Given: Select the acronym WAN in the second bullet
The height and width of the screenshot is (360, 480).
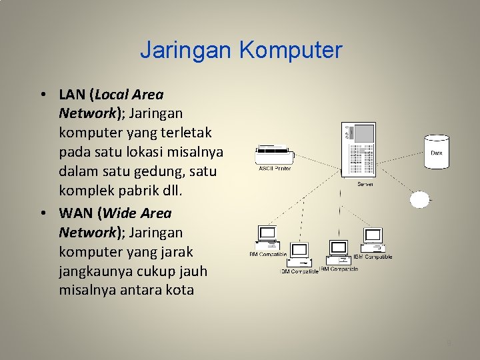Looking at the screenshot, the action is tap(74, 213).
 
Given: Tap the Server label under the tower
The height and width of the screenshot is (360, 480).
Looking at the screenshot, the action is tap(365, 183).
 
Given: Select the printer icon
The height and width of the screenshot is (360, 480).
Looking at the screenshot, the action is tap(274, 156).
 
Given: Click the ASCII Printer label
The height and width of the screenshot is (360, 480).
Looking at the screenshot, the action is tap(275, 169).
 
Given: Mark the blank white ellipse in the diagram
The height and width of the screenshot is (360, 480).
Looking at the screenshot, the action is tap(420, 199).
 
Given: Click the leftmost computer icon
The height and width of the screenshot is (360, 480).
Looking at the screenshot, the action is tap(267, 237).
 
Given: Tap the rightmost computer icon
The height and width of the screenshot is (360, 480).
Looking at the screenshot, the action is tap(371, 239).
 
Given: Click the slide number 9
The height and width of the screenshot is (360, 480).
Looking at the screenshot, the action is tap(449, 343).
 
